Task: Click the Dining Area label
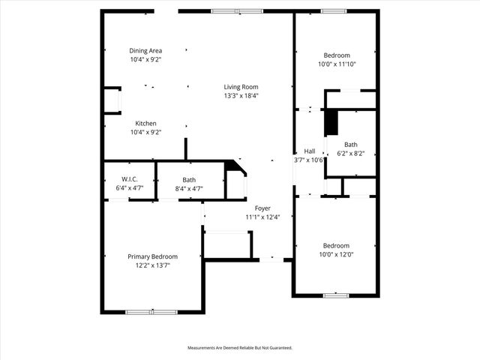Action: [145, 50]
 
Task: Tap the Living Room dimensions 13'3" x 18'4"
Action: [241, 96]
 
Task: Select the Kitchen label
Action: [145, 123]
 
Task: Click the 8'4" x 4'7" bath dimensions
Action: [189, 188]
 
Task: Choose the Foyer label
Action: [262, 208]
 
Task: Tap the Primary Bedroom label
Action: [152, 256]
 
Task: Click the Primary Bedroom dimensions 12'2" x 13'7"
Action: [152, 265]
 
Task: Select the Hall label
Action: [309, 151]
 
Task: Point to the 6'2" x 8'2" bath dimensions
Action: [351, 153]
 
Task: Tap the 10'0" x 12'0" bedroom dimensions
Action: [336, 254]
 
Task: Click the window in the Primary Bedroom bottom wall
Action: [151, 311]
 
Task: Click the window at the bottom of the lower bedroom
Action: [335, 295]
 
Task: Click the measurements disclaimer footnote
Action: [239, 348]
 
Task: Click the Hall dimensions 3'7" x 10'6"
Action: [308, 160]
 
